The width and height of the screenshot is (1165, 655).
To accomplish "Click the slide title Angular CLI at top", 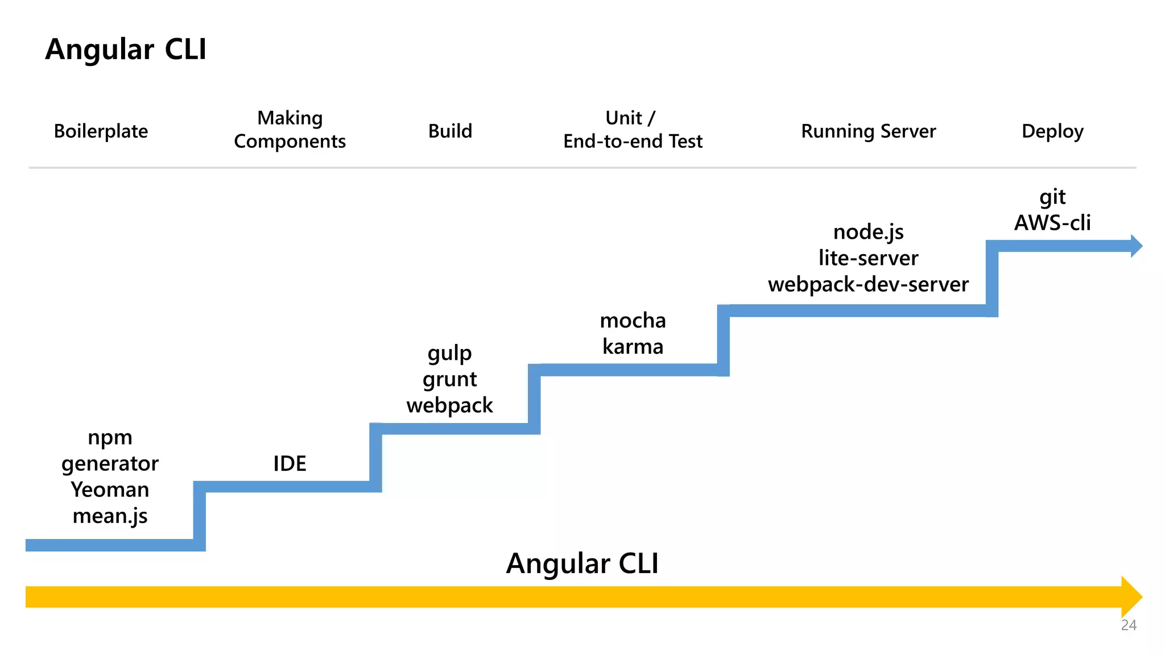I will click(126, 49).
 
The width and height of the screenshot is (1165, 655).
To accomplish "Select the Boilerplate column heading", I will click(101, 131).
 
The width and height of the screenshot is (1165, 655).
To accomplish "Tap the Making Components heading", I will click(290, 130).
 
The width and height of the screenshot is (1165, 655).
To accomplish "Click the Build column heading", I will click(450, 131).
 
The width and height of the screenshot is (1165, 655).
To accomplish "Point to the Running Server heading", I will click(868, 131).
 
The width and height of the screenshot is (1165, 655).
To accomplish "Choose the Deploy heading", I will click(1052, 131).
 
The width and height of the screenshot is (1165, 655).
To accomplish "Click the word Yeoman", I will click(110, 490).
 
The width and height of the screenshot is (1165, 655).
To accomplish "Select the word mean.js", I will click(110, 516).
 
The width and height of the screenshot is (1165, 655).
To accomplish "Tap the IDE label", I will click(290, 463).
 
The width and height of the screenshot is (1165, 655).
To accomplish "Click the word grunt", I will click(449, 379).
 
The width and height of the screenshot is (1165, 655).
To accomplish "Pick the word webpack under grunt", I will click(449, 405).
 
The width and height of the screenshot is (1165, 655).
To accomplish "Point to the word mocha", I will click(633, 321).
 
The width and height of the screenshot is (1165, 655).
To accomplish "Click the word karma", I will click(633, 347).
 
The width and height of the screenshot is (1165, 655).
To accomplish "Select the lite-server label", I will click(868, 258).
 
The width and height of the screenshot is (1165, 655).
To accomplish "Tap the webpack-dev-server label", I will click(868, 284).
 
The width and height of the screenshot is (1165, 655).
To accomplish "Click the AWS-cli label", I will click(1052, 223).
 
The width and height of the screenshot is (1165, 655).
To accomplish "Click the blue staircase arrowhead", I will click(1135, 246).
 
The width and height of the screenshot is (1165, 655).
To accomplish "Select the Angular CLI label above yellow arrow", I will click(582, 563).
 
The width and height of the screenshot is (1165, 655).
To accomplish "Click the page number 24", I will click(1129, 625).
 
